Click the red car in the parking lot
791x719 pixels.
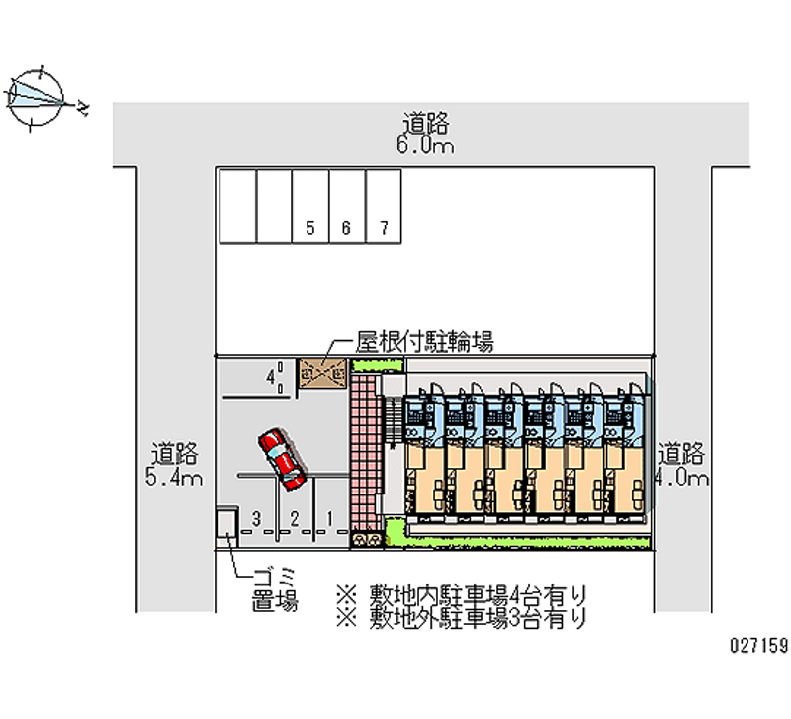click(282, 460)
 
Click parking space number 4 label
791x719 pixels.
click(269, 376)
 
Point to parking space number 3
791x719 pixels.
click(256, 517)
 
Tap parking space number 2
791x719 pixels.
click(294, 517)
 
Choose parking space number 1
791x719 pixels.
click(330, 517)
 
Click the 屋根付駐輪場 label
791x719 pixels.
click(424, 343)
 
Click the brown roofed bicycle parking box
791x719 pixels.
click(323, 374)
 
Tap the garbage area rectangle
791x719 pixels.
click(227, 525)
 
